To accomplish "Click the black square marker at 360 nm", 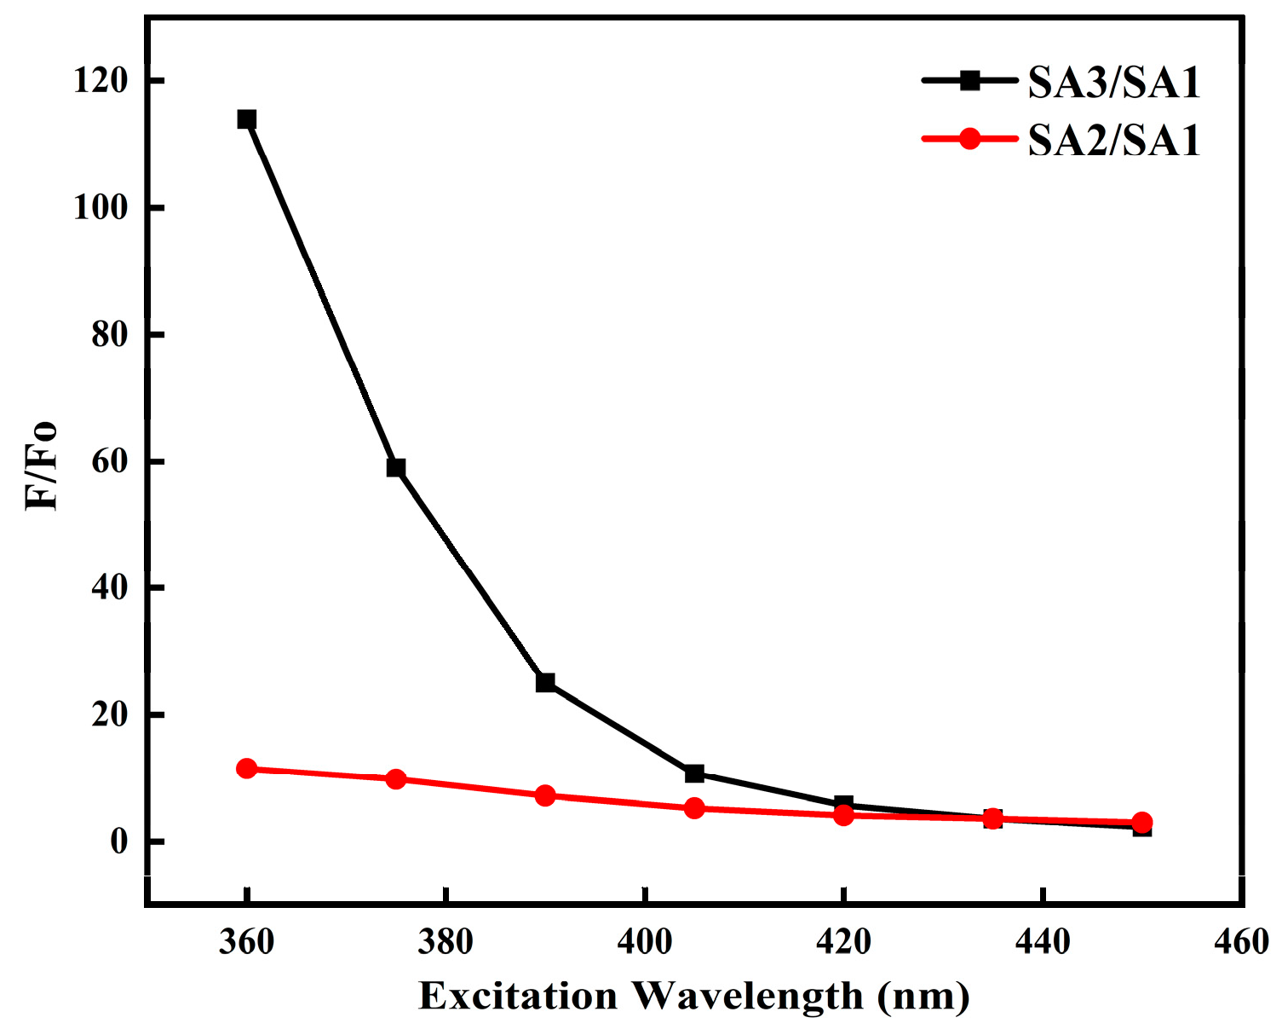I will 247,119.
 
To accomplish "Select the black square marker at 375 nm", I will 396,467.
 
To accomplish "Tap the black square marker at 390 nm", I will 545,682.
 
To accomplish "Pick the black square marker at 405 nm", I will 694,773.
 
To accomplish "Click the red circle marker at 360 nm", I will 247,769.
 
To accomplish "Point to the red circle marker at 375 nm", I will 396,778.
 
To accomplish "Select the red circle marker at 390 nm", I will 545,795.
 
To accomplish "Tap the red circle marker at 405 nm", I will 694,807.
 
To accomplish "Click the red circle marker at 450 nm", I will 1142,823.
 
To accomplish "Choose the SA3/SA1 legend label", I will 1113,83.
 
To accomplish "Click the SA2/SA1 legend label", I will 1113,140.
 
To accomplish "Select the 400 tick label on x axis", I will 645,943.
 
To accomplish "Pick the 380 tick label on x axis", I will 446,943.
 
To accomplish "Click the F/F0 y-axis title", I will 42,465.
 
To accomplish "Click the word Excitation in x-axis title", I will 518,996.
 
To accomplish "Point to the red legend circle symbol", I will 969,138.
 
